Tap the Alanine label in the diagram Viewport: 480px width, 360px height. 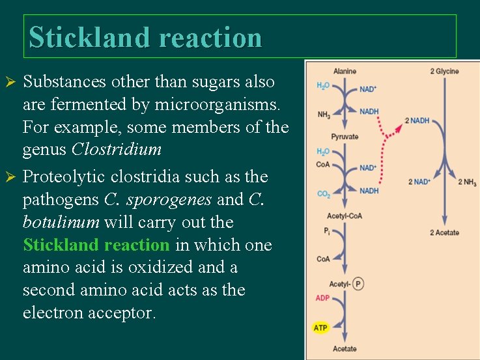(345, 71)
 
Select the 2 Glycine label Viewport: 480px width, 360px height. (444, 71)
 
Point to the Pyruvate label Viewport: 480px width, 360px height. (345, 137)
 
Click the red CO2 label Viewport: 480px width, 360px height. (323, 194)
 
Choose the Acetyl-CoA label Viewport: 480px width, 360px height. (345, 216)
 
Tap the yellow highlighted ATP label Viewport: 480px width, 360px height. (320, 327)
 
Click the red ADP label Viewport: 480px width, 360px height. (322, 299)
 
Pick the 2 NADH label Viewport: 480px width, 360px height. (417, 120)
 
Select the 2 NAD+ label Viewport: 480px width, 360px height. (419, 182)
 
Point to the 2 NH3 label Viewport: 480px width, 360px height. (467, 182)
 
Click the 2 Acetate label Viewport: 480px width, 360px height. (444, 232)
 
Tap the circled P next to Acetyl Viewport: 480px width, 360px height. (359, 284)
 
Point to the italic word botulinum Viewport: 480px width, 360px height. (60, 222)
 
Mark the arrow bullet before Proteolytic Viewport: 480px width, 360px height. (10, 177)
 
